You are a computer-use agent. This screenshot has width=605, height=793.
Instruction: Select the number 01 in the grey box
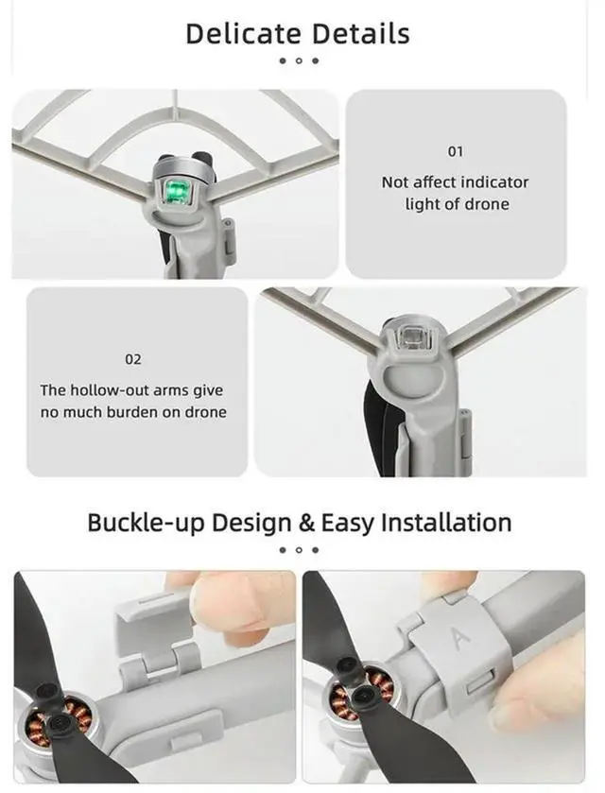click(x=456, y=151)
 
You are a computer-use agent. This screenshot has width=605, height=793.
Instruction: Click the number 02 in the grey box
click(x=133, y=359)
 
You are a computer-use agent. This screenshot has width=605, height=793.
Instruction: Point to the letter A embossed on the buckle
click(x=462, y=640)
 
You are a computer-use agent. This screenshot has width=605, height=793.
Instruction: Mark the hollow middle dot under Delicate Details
click(x=299, y=61)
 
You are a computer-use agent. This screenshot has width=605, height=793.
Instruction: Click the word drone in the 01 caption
click(x=488, y=204)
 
